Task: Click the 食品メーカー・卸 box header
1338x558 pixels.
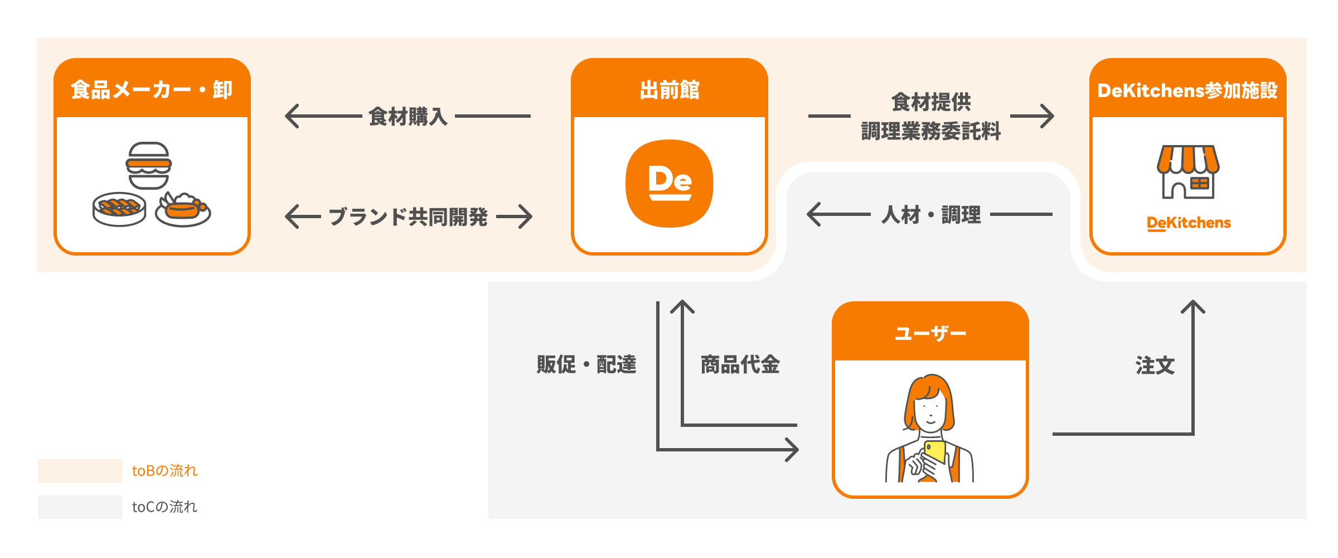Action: click(x=152, y=89)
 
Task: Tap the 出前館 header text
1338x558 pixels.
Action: click(x=669, y=90)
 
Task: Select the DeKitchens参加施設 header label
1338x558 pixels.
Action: click(x=1187, y=90)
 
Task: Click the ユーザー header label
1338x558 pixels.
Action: click(x=930, y=333)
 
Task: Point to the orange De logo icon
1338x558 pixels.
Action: click(x=669, y=183)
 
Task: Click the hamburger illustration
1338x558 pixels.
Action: click(x=148, y=165)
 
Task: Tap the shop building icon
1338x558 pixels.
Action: click(x=1187, y=171)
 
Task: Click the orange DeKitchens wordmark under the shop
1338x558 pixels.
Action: click(x=1189, y=223)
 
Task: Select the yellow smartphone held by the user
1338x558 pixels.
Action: click(x=935, y=452)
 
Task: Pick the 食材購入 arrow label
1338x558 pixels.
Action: click(x=408, y=117)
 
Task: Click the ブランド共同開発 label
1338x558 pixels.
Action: click(x=408, y=217)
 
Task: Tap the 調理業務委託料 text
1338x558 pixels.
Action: click(x=930, y=132)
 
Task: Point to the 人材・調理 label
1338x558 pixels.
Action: click(x=930, y=215)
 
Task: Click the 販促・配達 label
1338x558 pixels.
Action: click(x=586, y=364)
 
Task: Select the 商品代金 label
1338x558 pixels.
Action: click(x=740, y=364)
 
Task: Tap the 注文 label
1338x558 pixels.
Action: click(x=1155, y=365)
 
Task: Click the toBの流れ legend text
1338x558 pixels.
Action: click(x=164, y=471)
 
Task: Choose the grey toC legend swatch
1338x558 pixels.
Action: click(x=80, y=507)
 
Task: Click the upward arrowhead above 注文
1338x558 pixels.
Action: click(x=1193, y=306)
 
